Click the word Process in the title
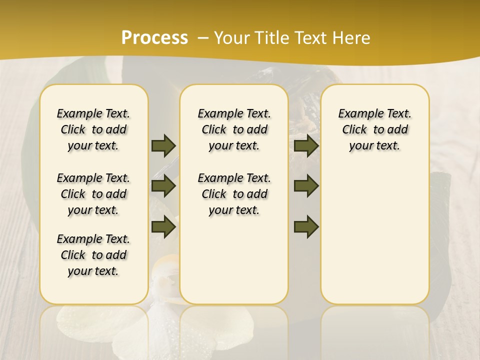(154, 38)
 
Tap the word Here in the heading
(351, 38)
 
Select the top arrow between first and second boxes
(163, 145)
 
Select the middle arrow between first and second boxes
(163, 186)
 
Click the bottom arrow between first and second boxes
(163, 227)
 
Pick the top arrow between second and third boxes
(306, 145)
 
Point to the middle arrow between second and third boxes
(306, 186)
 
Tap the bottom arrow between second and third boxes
(306, 227)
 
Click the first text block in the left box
(93, 129)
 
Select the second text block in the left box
(93, 194)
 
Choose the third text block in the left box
(93, 255)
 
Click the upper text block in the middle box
(234, 129)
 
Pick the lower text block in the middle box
(234, 194)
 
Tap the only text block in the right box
(374, 129)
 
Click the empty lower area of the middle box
(234, 260)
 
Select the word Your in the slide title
(232, 38)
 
